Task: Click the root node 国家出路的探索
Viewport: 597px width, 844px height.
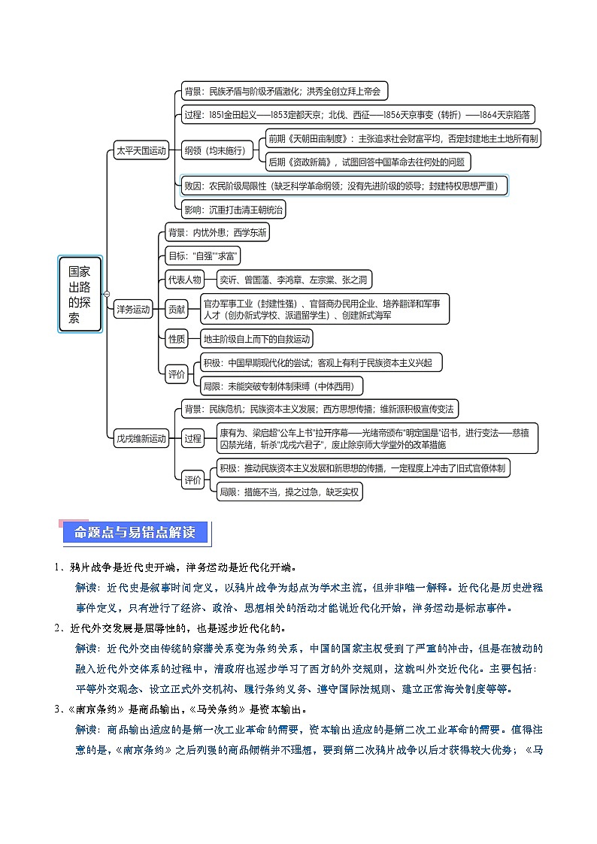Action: point(80,294)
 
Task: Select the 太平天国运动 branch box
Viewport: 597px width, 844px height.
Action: point(140,150)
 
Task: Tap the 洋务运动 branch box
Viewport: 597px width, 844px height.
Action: point(133,308)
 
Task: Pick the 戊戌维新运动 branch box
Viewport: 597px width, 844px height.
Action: point(141,438)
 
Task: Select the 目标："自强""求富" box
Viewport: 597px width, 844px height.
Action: point(203,256)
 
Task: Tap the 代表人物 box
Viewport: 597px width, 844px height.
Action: point(184,280)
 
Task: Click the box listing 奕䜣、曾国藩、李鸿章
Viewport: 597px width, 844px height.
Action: point(293,280)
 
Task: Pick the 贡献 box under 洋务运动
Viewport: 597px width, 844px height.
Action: point(177,308)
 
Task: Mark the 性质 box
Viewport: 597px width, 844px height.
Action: point(177,339)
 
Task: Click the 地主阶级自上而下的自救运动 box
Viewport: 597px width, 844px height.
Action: point(256,339)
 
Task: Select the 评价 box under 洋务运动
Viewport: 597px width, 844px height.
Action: point(177,374)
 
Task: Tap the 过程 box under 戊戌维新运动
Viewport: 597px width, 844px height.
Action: point(192,438)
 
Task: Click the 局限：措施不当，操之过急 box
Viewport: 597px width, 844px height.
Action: point(289,492)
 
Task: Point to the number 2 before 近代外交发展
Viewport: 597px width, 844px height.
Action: point(56,628)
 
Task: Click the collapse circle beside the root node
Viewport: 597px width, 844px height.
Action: point(107,293)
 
